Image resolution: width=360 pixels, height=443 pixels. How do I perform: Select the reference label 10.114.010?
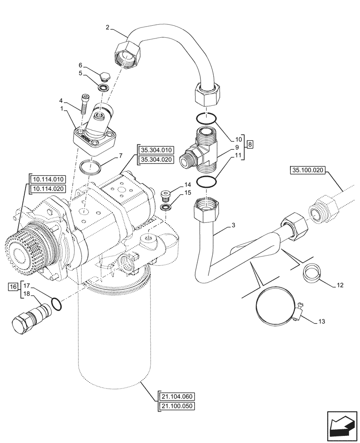point(48,179)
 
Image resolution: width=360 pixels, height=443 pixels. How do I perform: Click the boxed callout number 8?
point(250,144)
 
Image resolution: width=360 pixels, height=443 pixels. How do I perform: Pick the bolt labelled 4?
point(84,105)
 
